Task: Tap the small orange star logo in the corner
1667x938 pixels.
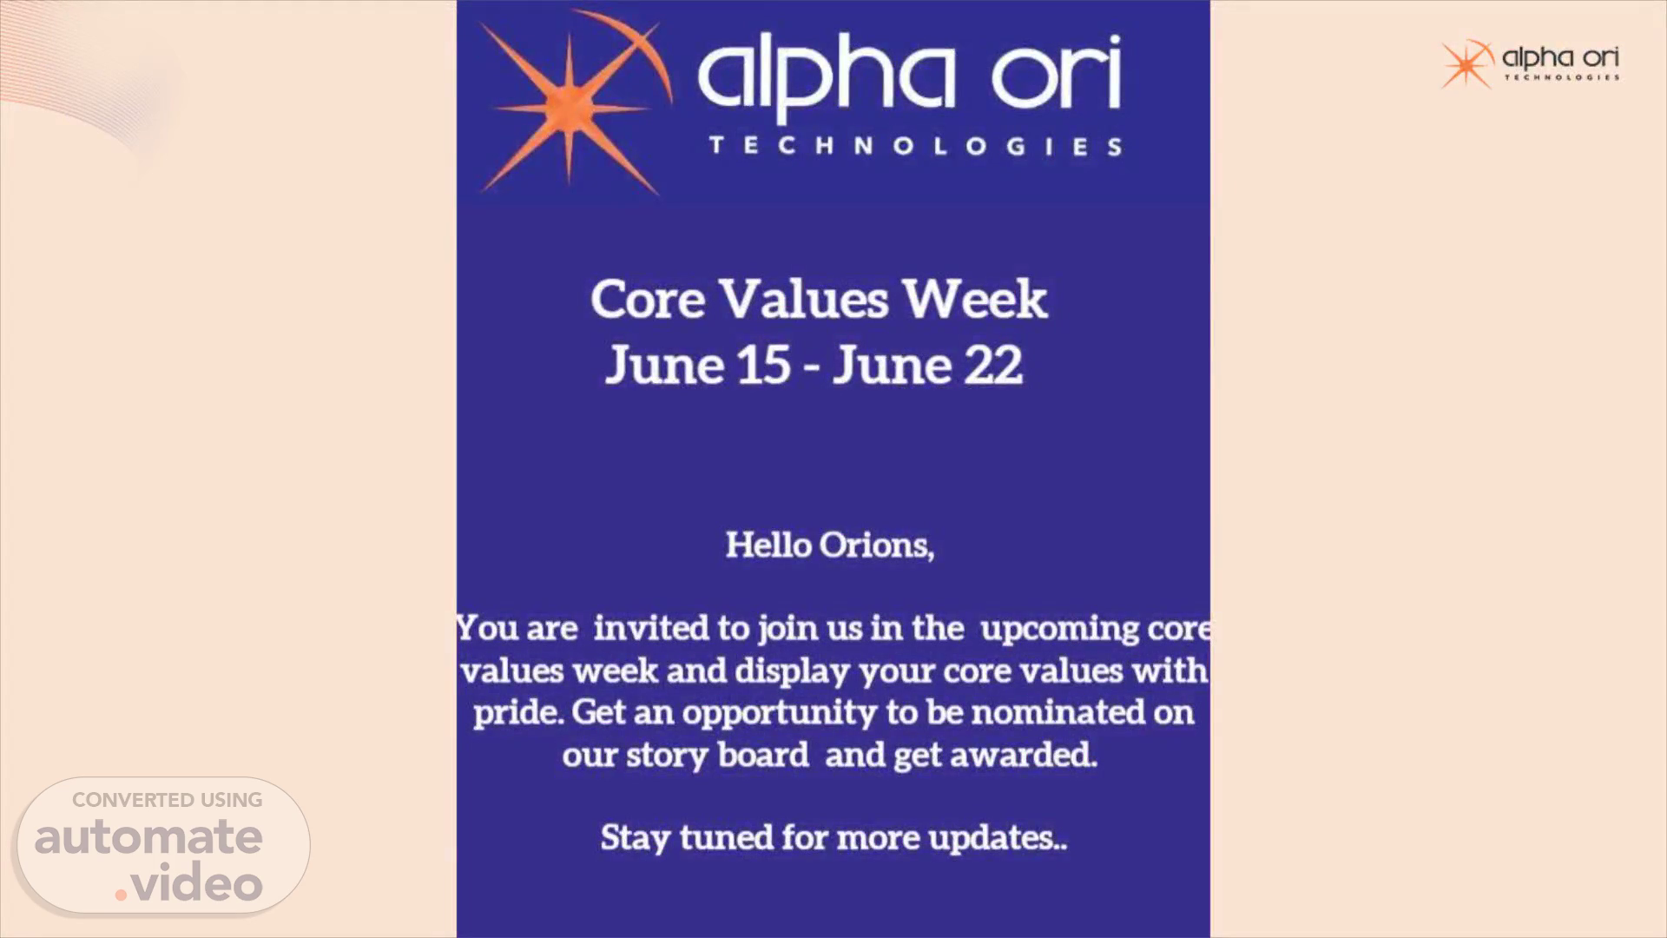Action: coord(1467,64)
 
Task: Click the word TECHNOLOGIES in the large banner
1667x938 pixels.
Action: coord(915,146)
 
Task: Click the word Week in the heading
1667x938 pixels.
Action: coord(975,300)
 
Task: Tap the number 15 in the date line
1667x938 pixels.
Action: coord(764,365)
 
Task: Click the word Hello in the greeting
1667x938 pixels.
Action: coord(768,545)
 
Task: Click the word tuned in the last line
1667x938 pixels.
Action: coord(726,837)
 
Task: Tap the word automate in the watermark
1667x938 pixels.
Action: coord(148,837)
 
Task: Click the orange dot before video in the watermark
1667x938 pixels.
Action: coord(122,894)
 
